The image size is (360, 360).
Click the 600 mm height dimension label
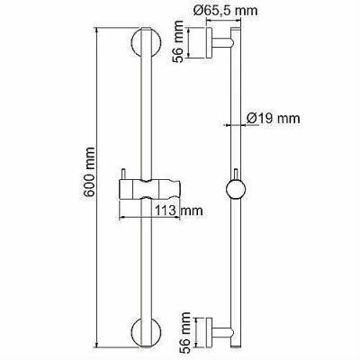click(89, 172)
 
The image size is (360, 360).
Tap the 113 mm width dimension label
click(179, 210)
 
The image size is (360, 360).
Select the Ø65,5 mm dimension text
click(225, 11)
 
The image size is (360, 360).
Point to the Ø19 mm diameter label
click(273, 118)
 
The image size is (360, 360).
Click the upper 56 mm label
click(178, 41)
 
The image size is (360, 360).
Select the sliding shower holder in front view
click(149, 189)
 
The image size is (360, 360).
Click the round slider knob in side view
click(236, 190)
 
